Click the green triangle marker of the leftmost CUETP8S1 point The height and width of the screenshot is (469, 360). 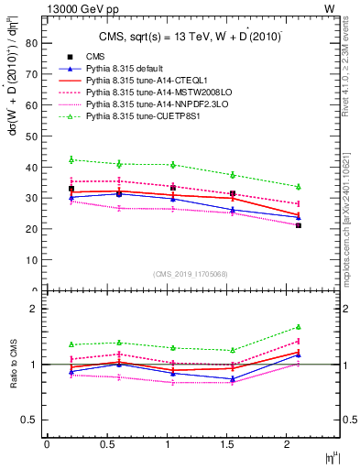click(x=71, y=159)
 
